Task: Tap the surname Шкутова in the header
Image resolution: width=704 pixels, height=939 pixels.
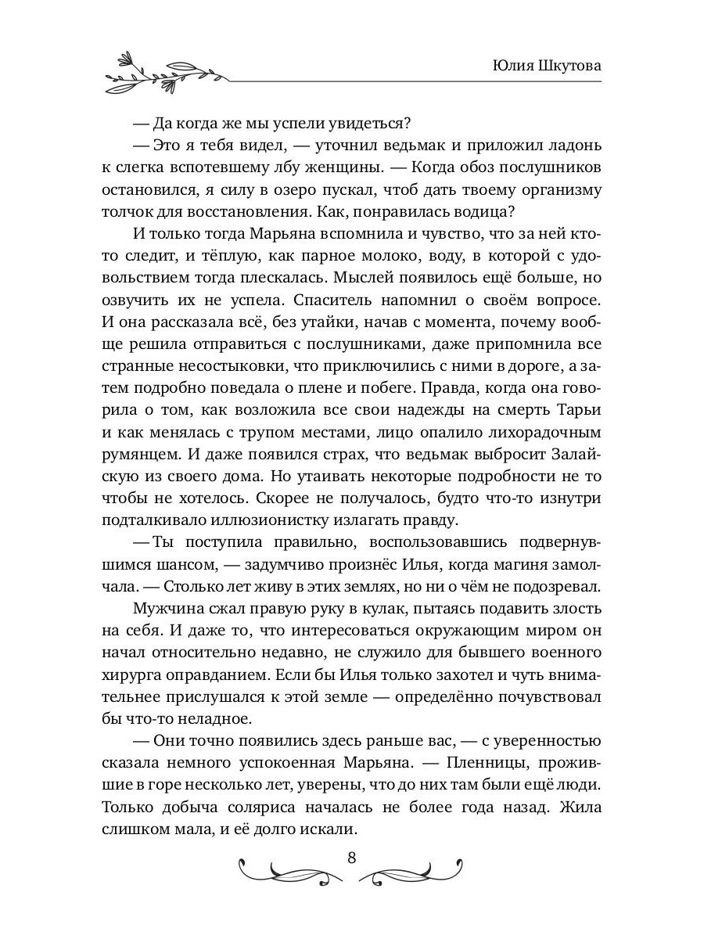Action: [570, 67]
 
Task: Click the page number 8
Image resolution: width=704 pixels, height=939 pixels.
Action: [351, 856]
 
